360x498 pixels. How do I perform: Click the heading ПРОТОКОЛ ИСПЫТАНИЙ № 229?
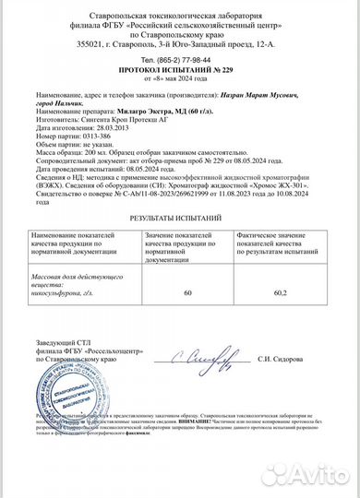click(179, 69)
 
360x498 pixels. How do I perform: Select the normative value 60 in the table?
click(187, 293)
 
